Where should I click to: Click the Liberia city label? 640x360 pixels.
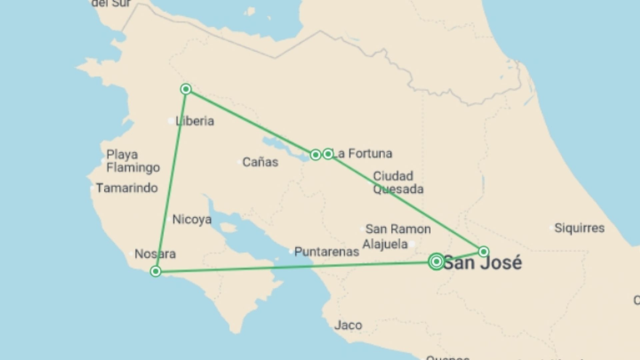pyautogui.click(x=195, y=121)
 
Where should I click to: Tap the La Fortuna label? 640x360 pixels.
pyautogui.click(x=363, y=154)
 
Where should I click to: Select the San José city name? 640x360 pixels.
pyautogui.click(x=483, y=263)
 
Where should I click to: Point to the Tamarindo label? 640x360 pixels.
pyautogui.click(x=127, y=188)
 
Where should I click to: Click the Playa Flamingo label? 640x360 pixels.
pyautogui.click(x=133, y=161)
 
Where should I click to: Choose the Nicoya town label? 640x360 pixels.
pyautogui.click(x=192, y=219)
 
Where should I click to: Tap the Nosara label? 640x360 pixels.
pyautogui.click(x=155, y=254)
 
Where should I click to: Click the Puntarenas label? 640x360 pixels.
pyautogui.click(x=327, y=252)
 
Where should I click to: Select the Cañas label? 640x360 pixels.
pyautogui.click(x=260, y=162)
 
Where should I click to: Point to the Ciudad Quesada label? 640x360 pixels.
pyautogui.click(x=398, y=182)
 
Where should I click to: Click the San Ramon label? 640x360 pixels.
pyautogui.click(x=398, y=229)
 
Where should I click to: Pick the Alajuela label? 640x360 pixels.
pyautogui.click(x=385, y=244)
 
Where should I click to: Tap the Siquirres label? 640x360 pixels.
pyautogui.click(x=579, y=228)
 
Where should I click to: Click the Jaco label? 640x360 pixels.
pyautogui.click(x=348, y=325)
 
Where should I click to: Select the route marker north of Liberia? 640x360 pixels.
pyautogui.click(x=186, y=89)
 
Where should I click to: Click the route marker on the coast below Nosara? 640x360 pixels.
pyautogui.click(x=155, y=271)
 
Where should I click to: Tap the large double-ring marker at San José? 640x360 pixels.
pyautogui.click(x=436, y=262)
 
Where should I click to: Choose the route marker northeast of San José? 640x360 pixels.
pyautogui.click(x=484, y=251)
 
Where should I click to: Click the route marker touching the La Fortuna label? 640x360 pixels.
pyautogui.click(x=328, y=154)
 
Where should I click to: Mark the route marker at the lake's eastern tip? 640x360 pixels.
pyautogui.click(x=315, y=155)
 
